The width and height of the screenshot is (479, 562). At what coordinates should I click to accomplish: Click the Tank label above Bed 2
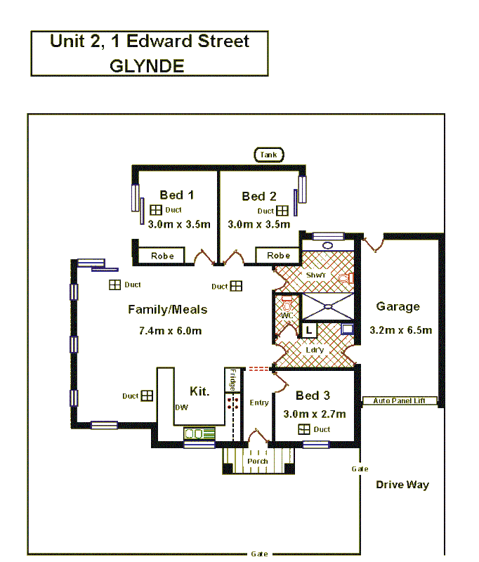pos(268,155)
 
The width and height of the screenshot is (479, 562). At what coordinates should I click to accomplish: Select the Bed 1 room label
pos(176,195)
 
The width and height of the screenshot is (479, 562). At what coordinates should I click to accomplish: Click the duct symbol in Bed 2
pos(282,211)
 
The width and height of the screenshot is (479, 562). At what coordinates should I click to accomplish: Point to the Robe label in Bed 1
pos(162,256)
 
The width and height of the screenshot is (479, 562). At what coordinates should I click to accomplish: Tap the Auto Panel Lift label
pos(399,401)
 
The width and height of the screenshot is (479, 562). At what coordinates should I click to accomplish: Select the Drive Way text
pos(402,485)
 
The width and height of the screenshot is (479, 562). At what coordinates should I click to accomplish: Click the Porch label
pos(257,462)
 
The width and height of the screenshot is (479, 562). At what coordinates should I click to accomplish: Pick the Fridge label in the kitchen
pos(232,380)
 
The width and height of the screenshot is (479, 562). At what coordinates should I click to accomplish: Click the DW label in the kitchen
pos(181,407)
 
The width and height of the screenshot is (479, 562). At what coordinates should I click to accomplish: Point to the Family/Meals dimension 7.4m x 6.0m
pos(171,330)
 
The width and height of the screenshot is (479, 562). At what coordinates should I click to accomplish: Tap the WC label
pos(287,316)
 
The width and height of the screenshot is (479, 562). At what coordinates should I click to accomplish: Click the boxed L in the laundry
pos(309,329)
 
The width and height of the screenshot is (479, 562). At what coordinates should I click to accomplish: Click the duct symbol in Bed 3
pos(303,429)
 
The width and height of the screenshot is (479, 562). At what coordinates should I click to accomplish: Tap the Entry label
pos(258,403)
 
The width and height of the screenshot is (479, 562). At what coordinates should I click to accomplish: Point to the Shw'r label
pos(315,275)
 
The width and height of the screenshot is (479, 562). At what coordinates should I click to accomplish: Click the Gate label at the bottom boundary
pos(258,554)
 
